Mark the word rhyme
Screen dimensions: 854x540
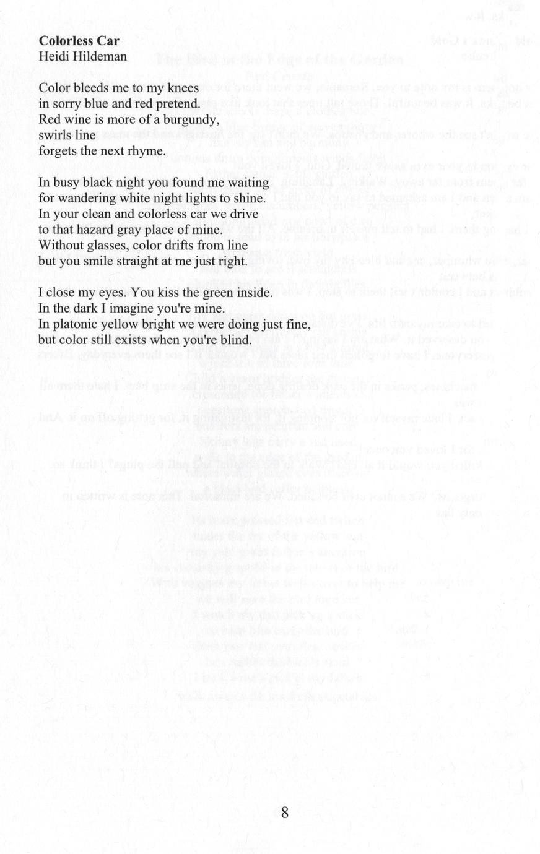tap(149, 150)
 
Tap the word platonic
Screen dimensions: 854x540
tap(72, 324)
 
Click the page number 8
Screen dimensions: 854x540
tap(285, 813)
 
